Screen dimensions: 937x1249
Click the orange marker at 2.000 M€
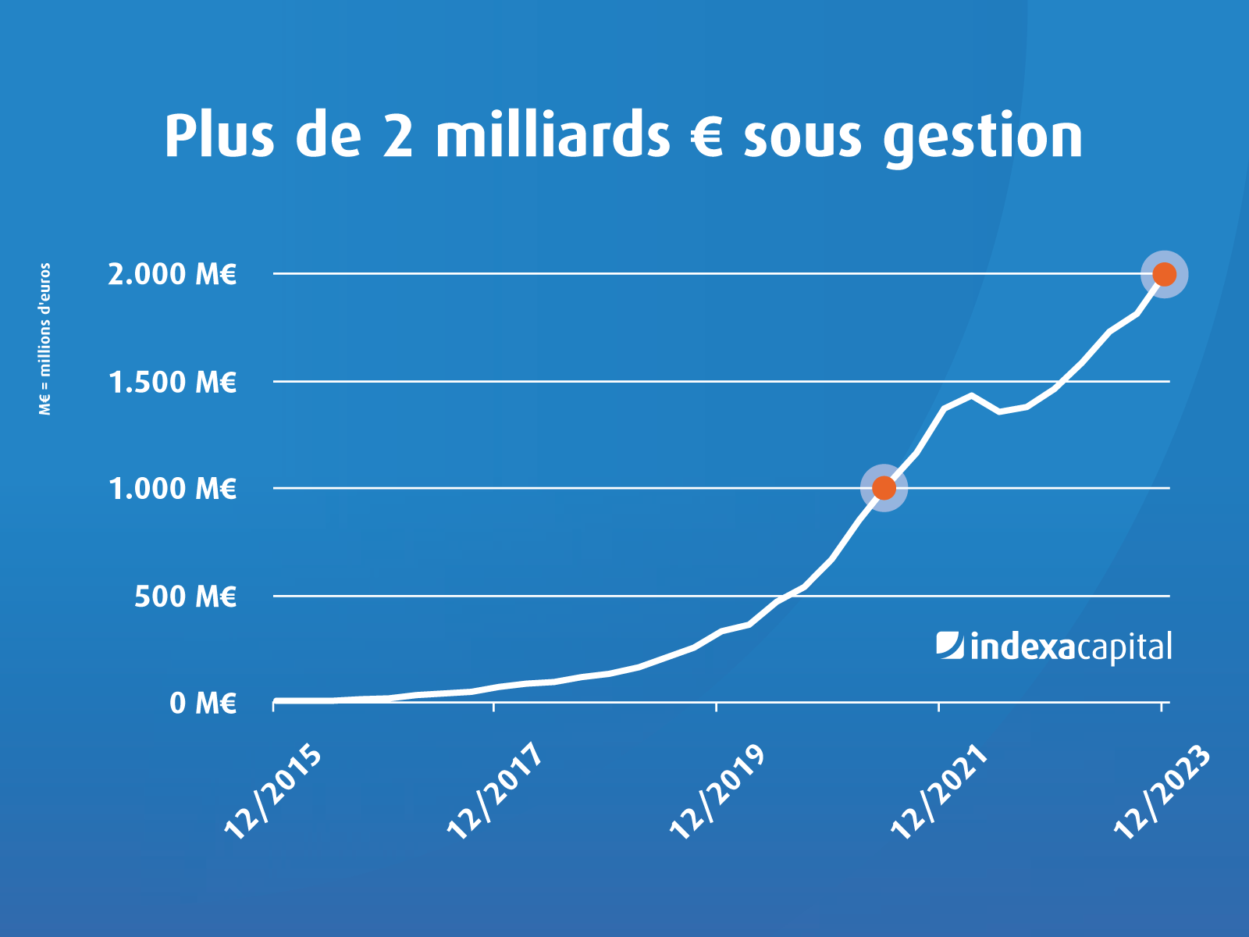tap(1164, 274)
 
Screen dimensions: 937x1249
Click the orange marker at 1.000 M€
tap(884, 488)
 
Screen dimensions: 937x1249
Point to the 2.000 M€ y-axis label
tap(172, 274)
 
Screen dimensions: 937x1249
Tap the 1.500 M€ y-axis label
tap(172, 382)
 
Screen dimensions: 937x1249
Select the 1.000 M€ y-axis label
tap(172, 489)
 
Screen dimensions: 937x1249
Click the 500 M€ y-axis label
tap(185, 597)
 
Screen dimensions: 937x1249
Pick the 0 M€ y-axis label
tap(203, 704)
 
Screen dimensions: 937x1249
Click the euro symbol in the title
tap(707, 136)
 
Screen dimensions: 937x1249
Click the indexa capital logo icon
tap(950, 646)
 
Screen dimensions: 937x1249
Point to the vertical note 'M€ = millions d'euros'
tap(45, 339)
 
